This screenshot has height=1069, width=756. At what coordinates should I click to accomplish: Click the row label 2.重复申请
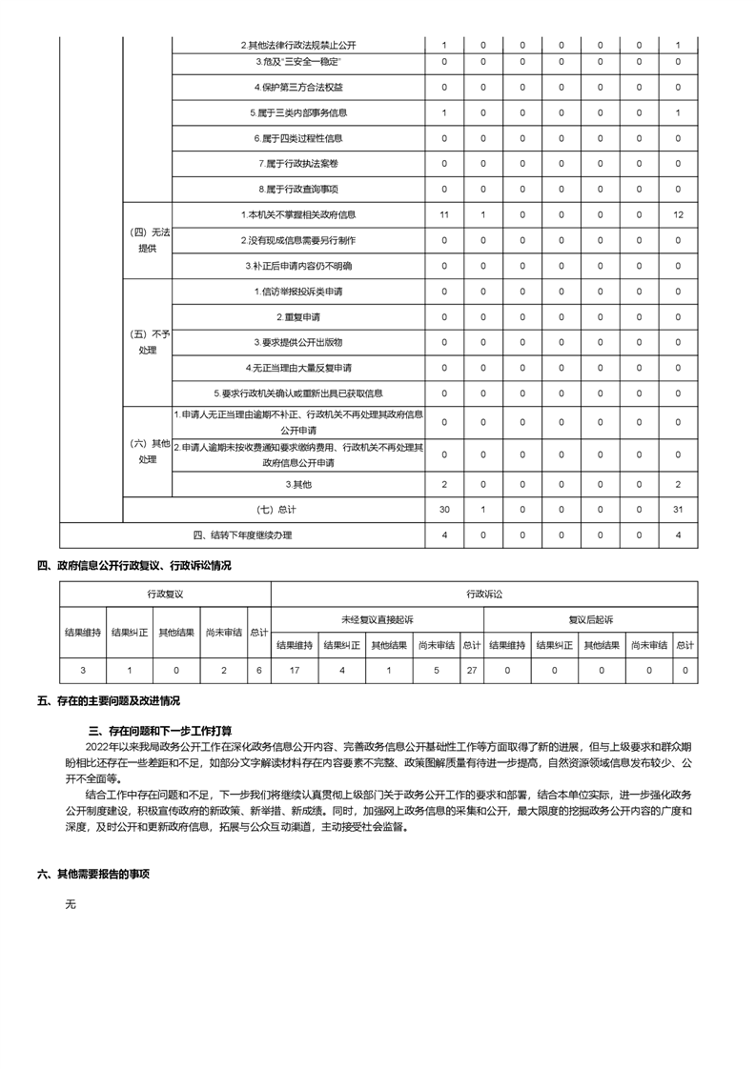point(298,316)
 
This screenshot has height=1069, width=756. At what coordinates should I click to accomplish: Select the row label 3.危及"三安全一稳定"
point(298,62)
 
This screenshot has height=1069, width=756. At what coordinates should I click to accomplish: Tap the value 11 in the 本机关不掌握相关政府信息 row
point(443,214)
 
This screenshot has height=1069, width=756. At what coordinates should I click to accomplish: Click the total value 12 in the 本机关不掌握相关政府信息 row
point(677,214)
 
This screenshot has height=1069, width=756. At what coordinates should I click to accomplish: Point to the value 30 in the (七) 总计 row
point(443,510)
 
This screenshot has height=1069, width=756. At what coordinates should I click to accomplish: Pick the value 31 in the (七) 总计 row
point(677,510)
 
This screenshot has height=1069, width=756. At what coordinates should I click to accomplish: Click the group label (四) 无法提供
point(148,239)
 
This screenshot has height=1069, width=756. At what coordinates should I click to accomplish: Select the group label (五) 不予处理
point(148,341)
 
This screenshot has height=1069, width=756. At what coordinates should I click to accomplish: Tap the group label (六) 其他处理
point(148,451)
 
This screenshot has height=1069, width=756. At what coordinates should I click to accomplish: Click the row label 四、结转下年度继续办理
point(242,534)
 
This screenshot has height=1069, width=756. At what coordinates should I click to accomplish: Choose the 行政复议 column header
point(165,594)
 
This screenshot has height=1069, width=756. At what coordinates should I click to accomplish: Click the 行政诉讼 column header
point(483,594)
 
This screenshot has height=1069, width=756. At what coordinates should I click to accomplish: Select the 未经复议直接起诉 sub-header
point(378,619)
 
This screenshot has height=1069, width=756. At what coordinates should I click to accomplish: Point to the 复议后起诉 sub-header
point(591,619)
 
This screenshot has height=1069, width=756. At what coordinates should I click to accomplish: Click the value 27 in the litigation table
point(471,671)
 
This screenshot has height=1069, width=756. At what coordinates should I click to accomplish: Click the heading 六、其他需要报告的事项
point(93,873)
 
